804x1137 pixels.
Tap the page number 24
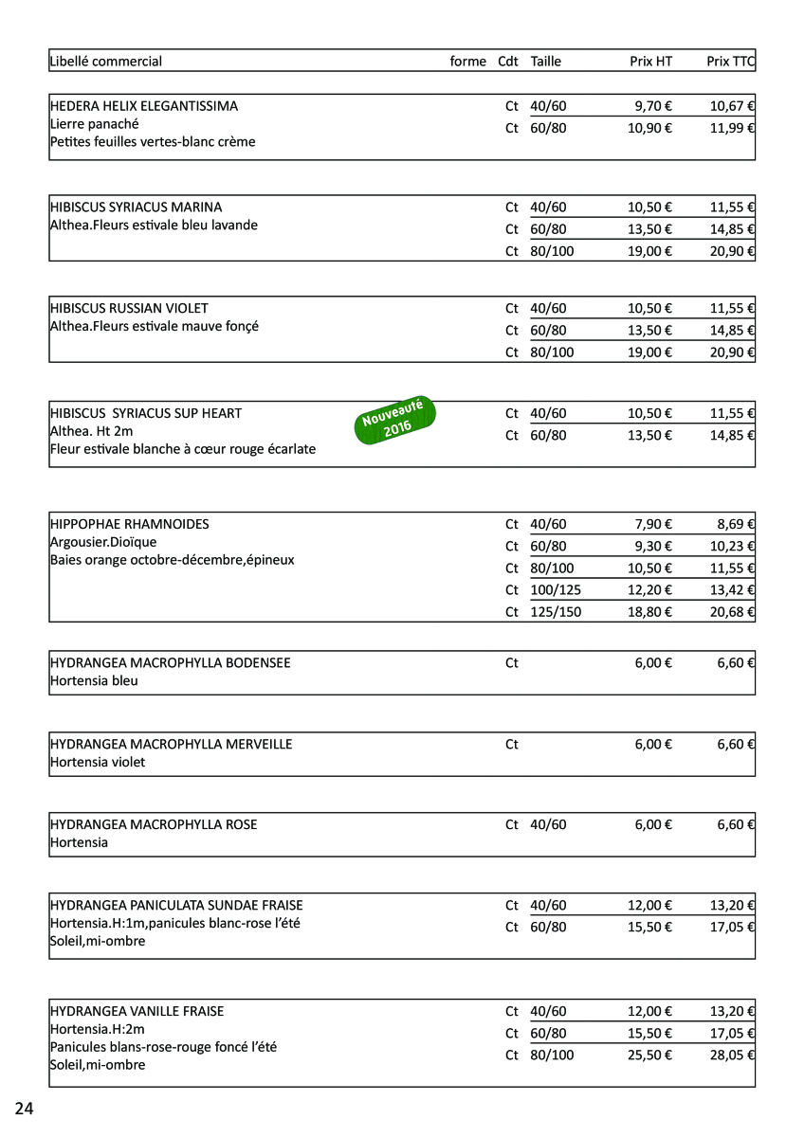(x=24, y=1109)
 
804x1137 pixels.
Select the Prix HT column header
(x=650, y=62)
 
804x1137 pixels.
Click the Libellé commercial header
(x=106, y=62)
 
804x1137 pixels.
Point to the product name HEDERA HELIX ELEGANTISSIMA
(x=144, y=106)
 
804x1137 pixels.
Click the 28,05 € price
(x=732, y=1055)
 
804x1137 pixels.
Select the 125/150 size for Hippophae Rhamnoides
(x=556, y=612)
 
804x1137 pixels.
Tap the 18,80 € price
(x=649, y=612)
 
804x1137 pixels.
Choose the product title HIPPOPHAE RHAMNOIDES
(x=130, y=524)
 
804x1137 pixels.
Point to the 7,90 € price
(x=653, y=524)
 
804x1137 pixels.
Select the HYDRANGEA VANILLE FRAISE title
(x=137, y=1011)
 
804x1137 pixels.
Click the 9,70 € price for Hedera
(x=653, y=106)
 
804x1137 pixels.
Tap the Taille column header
(x=546, y=62)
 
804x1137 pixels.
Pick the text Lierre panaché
(x=95, y=124)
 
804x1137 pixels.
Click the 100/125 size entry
(x=556, y=589)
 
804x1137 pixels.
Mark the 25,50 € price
(x=649, y=1055)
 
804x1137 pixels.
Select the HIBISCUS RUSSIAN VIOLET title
(x=129, y=308)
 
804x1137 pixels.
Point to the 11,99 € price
(x=732, y=128)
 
